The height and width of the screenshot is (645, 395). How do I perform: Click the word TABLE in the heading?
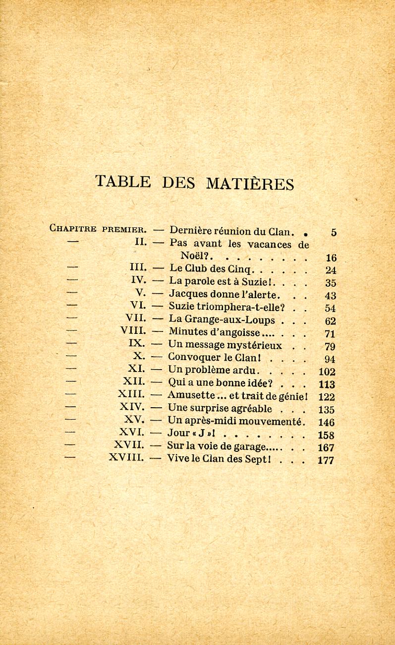click(x=123, y=181)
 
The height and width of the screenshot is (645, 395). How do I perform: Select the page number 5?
click(x=334, y=232)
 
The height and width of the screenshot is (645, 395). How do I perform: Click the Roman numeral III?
click(x=137, y=268)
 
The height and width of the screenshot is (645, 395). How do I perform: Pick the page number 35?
click(x=331, y=283)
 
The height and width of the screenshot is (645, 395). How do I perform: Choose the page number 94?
click(x=330, y=359)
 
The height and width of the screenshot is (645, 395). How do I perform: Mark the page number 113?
click(x=327, y=384)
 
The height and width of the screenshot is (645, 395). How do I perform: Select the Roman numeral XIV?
click(x=132, y=407)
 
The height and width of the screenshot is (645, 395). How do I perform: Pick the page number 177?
click(x=326, y=460)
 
